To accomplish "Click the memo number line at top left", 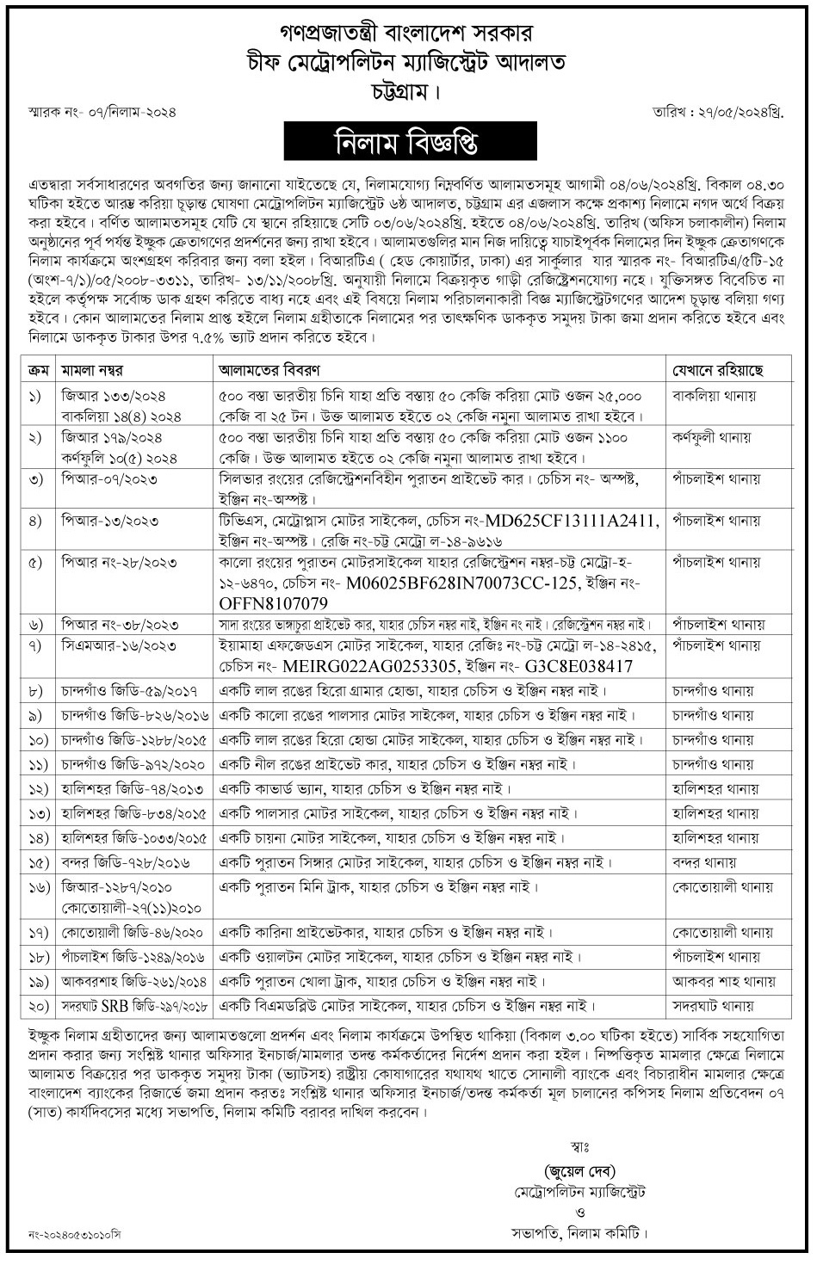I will click(96, 114).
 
